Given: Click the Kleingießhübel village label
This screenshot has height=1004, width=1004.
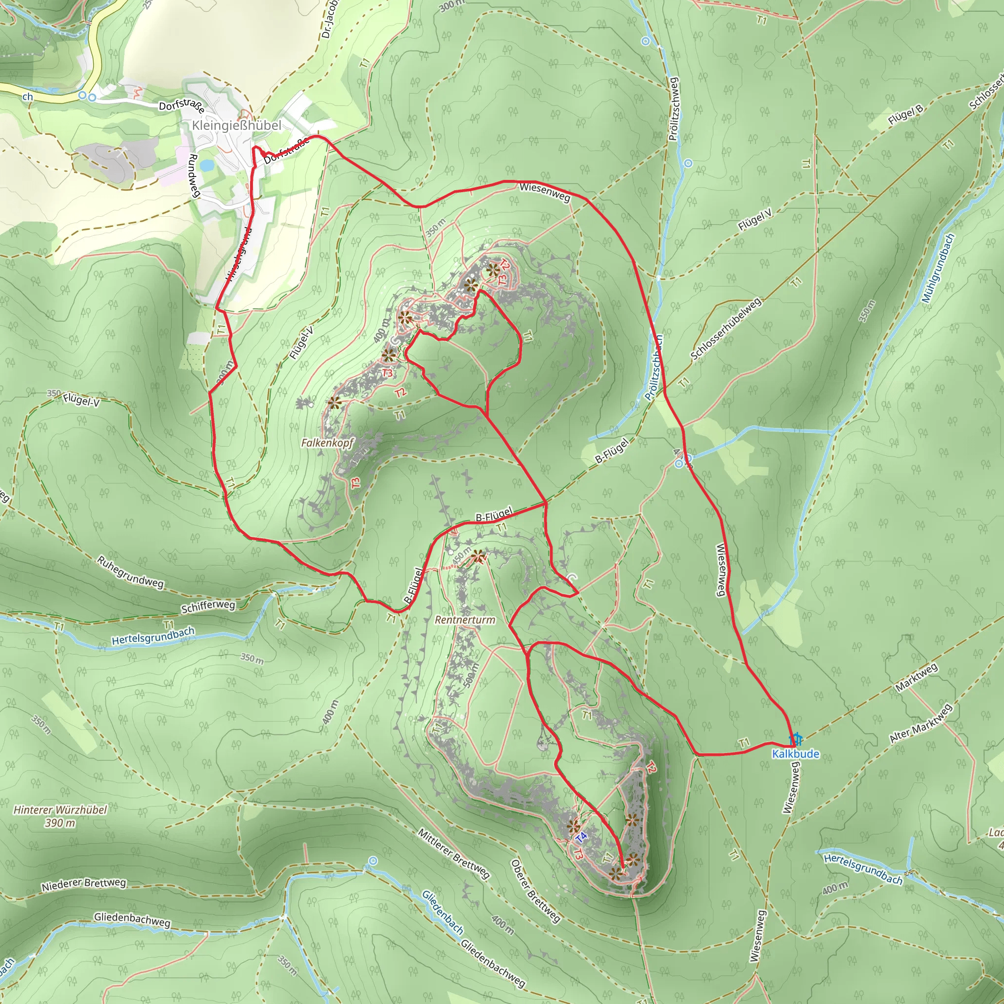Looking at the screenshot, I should tap(236, 125).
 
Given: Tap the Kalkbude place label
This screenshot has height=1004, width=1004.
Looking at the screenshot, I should tap(795, 754).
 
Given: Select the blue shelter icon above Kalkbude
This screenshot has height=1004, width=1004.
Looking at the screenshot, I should tap(796, 739).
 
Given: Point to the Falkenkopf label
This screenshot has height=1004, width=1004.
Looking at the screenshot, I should tap(327, 443).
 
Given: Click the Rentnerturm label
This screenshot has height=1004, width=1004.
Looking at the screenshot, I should tap(465, 620).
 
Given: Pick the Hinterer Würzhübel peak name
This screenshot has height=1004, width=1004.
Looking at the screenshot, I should tap(60, 810).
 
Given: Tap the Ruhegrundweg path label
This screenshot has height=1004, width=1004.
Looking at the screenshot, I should tap(130, 572).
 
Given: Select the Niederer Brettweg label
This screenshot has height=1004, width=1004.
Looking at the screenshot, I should tap(84, 883).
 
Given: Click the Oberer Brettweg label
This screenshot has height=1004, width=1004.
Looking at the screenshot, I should tap(536, 891).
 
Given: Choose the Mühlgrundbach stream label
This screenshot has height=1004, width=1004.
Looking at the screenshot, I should tap(938, 268).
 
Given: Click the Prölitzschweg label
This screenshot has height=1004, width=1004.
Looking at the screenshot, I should tap(674, 109).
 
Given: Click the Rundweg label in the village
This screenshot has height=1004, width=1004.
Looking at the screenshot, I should tap(194, 176).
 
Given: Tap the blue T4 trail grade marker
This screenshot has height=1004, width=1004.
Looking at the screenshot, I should tap(581, 837).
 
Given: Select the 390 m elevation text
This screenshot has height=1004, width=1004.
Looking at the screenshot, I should tap(60, 823).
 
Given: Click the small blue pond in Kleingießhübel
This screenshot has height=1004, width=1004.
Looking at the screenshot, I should tap(206, 165).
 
